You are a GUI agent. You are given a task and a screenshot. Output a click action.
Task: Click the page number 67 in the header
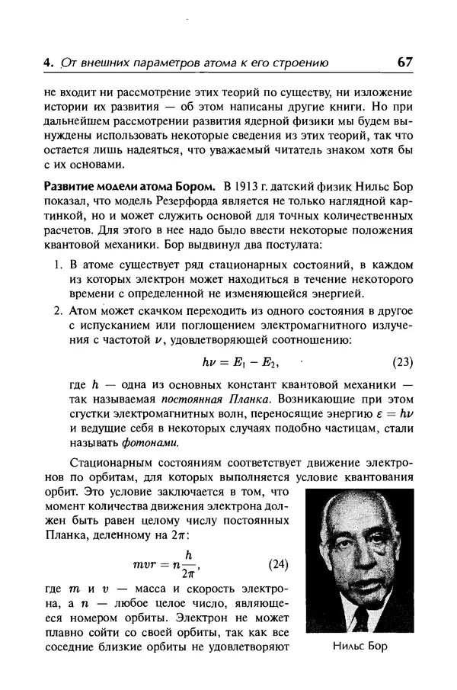(x=401, y=63)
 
